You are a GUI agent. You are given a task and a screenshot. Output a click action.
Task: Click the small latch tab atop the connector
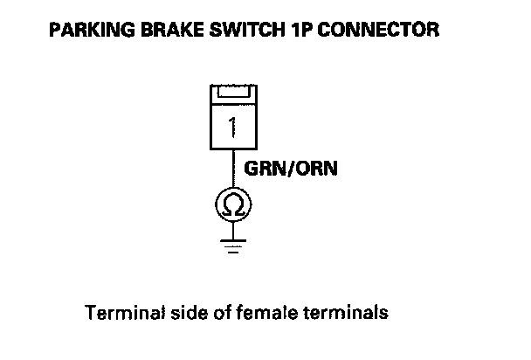pyautogui.click(x=233, y=92)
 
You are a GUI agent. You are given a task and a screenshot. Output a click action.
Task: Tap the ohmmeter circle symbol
pyautogui.click(x=233, y=205)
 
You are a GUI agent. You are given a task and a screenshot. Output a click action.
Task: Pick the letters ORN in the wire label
pyautogui.click(x=318, y=169)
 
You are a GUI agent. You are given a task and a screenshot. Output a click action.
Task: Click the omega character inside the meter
pyautogui.click(x=233, y=205)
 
